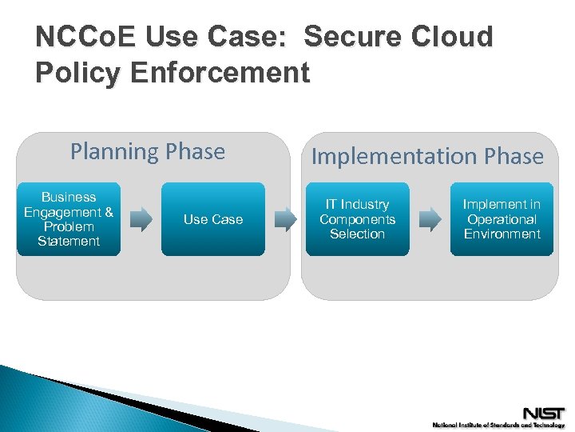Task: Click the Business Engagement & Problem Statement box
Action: point(69,219)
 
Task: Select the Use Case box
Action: point(212,219)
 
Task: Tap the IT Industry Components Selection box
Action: point(357,219)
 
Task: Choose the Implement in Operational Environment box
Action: point(502,219)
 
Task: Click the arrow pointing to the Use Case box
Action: point(141,219)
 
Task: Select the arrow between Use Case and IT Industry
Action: point(285,219)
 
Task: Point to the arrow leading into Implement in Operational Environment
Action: point(430,219)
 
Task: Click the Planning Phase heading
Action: point(148,151)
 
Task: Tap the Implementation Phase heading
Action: point(427,157)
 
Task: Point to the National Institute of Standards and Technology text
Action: point(498,426)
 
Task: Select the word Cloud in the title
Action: point(454,38)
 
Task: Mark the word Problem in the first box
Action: point(69,226)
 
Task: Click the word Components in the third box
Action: point(357,219)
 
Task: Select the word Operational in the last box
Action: point(502,219)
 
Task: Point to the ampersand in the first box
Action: point(109,212)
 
